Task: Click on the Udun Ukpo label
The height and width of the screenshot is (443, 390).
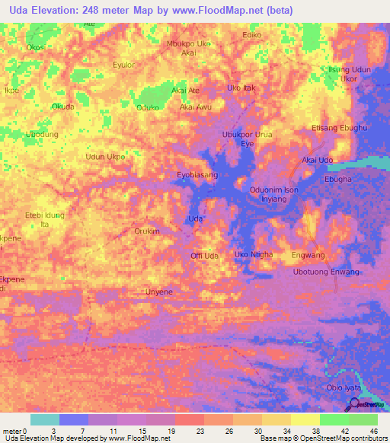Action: click(105, 157)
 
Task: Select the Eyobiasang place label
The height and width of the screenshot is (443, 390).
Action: click(197, 175)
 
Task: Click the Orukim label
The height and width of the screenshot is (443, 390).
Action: click(147, 231)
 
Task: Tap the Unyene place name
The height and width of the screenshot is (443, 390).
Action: click(159, 292)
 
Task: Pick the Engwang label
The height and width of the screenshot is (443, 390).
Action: click(308, 255)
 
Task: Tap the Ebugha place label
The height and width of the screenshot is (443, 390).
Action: click(337, 180)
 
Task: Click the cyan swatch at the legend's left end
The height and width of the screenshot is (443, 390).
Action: click(45, 419)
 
